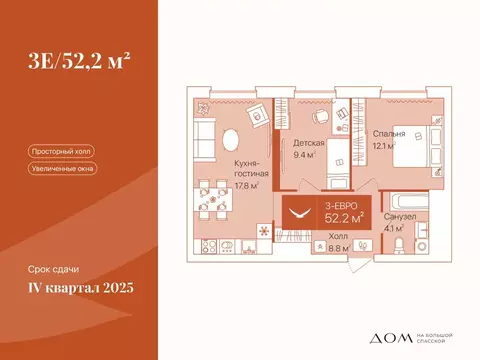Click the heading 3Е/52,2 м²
tap(79, 62)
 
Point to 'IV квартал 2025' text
tap(80, 289)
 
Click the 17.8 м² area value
tap(244, 185)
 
